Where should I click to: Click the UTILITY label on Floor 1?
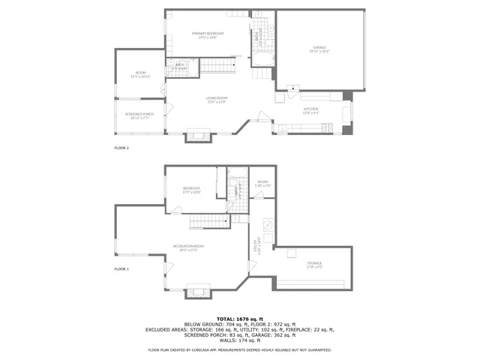(x=257, y=245)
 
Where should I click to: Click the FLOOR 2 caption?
(x=121, y=148)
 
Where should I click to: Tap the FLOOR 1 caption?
(x=121, y=268)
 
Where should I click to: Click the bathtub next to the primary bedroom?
(x=263, y=61)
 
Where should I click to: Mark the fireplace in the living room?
(x=199, y=136)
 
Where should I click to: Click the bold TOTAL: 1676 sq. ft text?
(x=240, y=319)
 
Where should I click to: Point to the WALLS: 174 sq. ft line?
(x=240, y=341)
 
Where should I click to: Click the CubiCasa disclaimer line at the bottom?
(x=240, y=350)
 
